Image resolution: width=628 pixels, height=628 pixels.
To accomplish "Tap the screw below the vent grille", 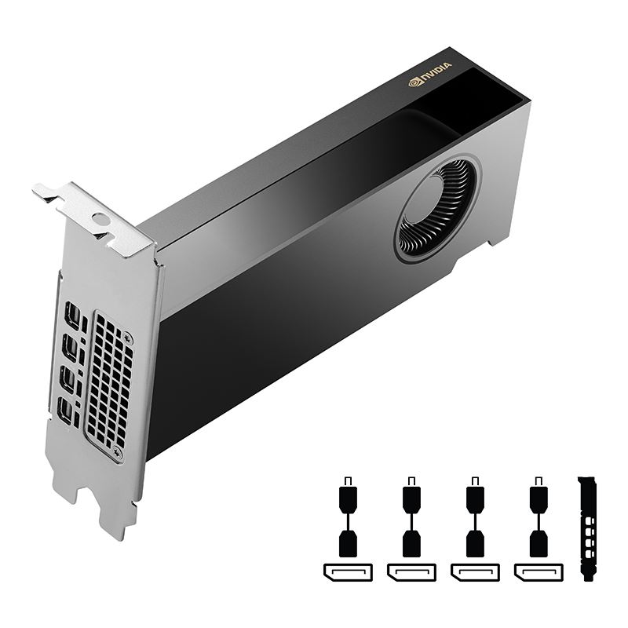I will [x=118, y=452].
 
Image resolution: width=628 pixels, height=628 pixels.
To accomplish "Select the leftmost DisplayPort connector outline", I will [x=347, y=571].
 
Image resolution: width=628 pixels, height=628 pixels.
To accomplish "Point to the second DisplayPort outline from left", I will [x=411, y=571].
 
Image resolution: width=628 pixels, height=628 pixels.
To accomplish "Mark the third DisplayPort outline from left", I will [x=474, y=571].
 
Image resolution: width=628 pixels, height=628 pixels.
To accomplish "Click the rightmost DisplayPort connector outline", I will [x=538, y=571].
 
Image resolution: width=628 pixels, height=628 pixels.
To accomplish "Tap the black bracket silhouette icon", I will [x=587, y=528].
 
